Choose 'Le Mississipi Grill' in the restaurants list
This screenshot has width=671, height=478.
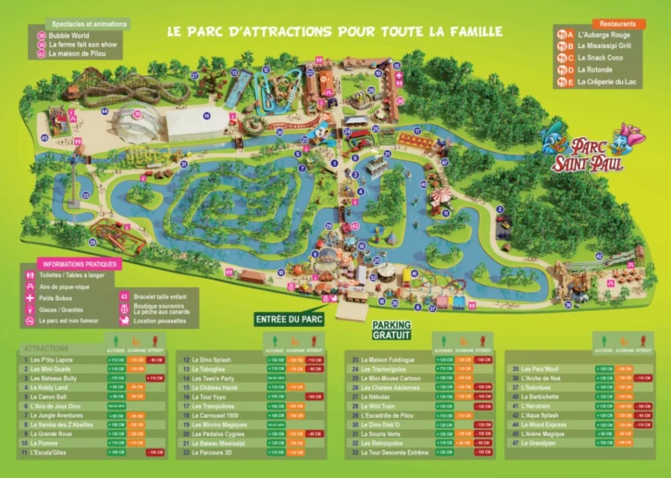608,45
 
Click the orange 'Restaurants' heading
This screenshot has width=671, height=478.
618,24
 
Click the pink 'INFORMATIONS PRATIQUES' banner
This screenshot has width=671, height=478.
79,264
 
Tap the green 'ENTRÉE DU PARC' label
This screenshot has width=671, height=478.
289,319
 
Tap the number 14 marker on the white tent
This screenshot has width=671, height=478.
207,115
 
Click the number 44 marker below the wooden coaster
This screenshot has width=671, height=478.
104,111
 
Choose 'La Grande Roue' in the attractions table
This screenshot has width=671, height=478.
52,433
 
